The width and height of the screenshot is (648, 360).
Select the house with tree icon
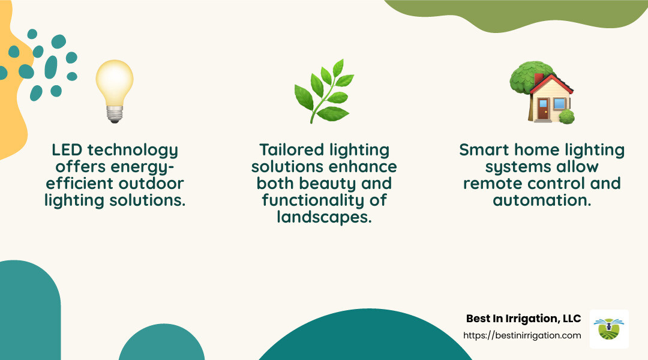tap(541, 92)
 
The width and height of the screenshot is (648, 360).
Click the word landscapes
tap(324, 217)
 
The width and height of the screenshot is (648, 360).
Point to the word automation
tap(542, 200)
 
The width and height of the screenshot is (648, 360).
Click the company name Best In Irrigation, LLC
tap(523, 319)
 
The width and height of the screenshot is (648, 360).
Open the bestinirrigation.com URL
tap(522, 335)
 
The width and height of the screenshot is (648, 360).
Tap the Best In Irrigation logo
tap(608, 329)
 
